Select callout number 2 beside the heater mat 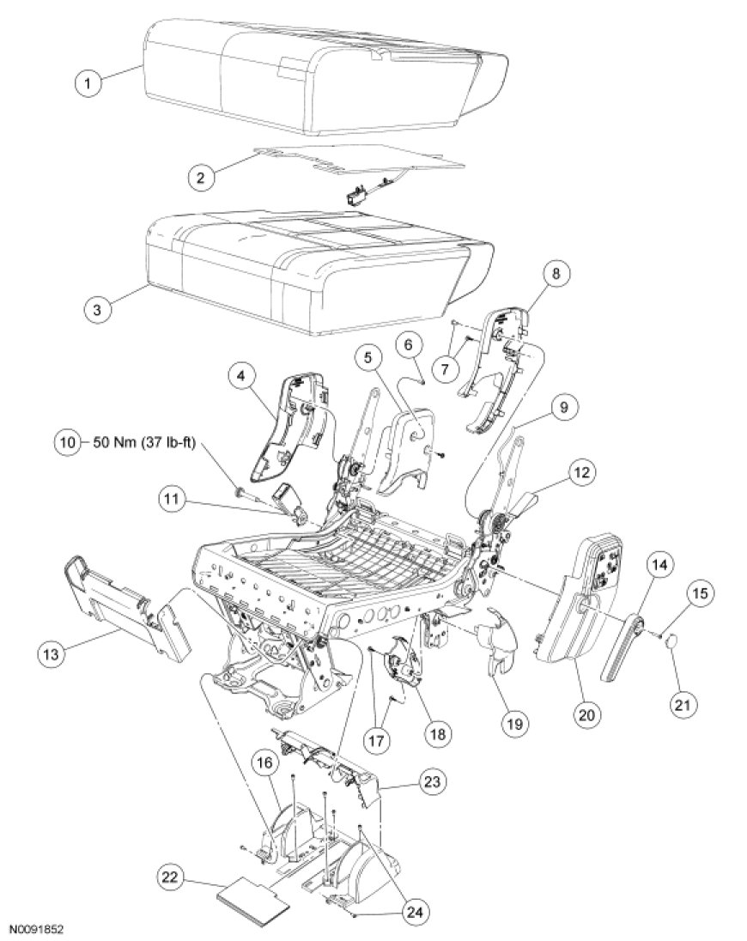(202, 177)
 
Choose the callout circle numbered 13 (53, 653)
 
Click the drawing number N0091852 (39, 930)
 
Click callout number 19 (513, 723)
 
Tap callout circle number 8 (556, 276)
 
